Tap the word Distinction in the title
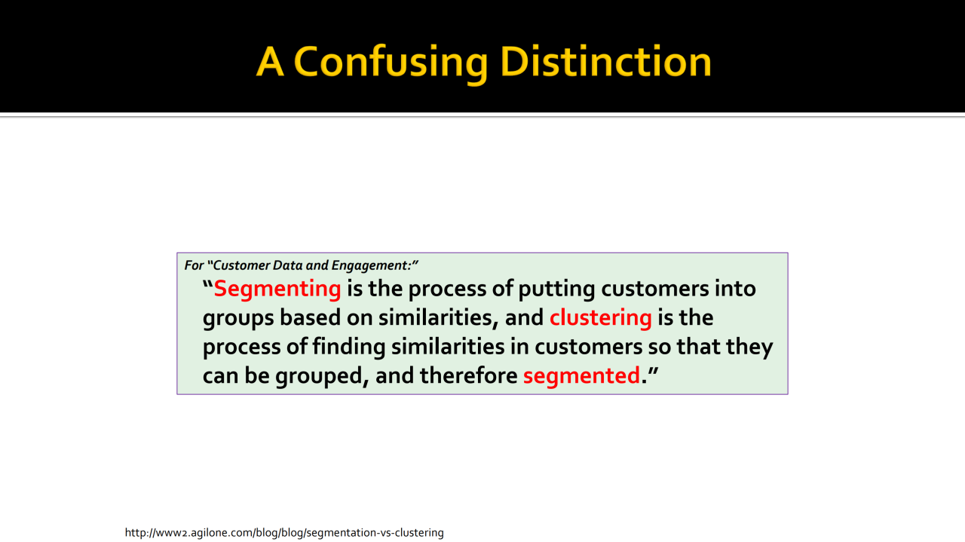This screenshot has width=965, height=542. click(x=605, y=62)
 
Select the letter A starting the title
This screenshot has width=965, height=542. click(x=270, y=62)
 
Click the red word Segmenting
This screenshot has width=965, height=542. click(x=277, y=289)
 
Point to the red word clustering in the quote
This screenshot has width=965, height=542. click(x=601, y=318)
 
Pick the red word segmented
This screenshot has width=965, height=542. click(x=581, y=375)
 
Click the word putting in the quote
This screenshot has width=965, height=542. click(x=556, y=289)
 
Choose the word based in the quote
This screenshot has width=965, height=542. click(x=310, y=318)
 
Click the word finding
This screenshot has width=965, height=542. click(x=348, y=348)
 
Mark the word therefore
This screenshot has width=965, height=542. click(x=468, y=375)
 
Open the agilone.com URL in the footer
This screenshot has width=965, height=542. click(x=284, y=533)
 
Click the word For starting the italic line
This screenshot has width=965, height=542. click(x=194, y=265)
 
